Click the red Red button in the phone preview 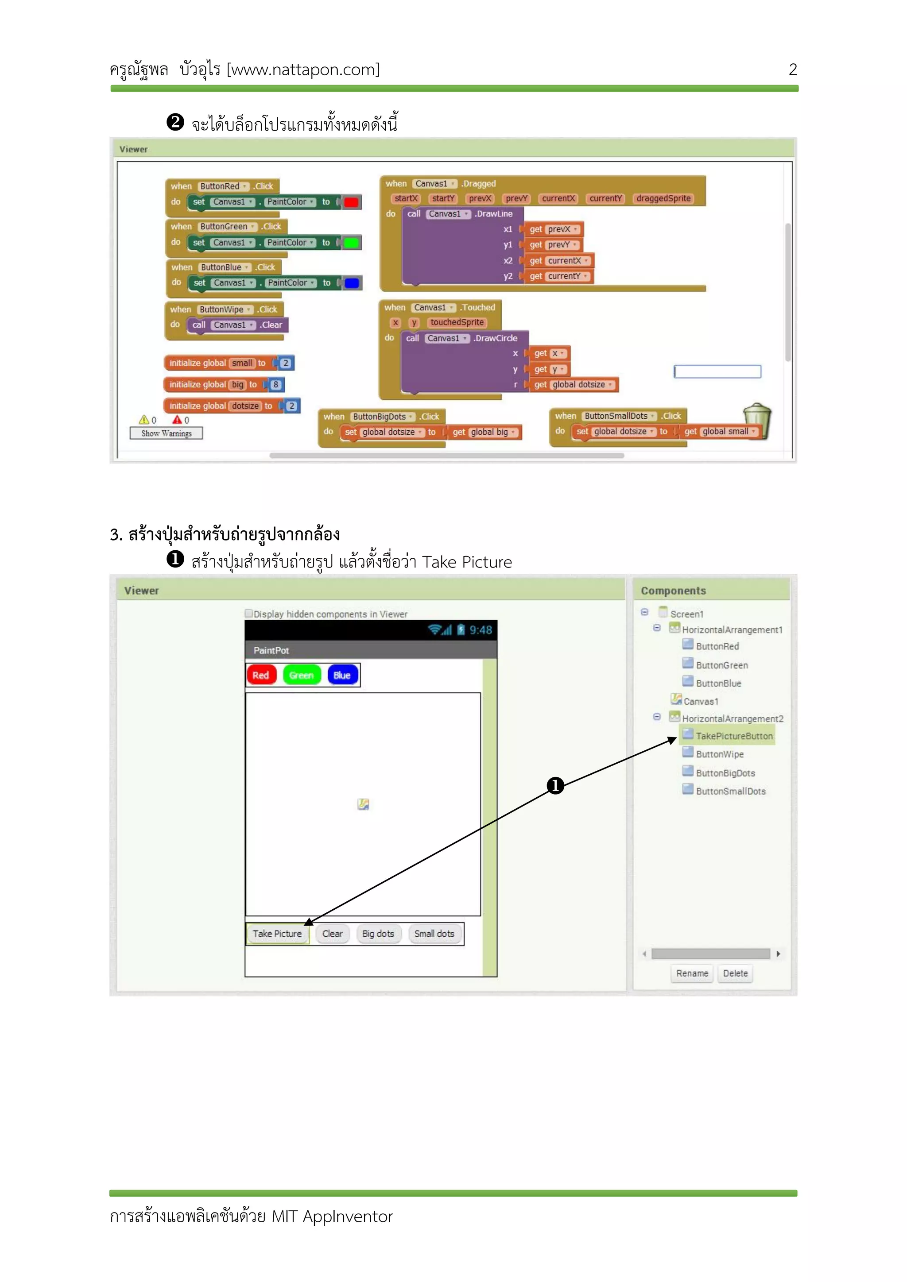[x=261, y=675]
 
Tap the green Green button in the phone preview [x=302, y=675]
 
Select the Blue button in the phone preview [x=342, y=675]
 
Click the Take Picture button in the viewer [x=277, y=934]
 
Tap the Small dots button [x=434, y=934]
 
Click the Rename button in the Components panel [x=692, y=973]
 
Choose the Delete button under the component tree [x=735, y=973]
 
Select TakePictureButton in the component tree [x=734, y=736]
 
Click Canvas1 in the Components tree [x=700, y=701]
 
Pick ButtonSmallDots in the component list [x=730, y=791]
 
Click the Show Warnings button [x=167, y=433]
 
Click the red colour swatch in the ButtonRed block [x=351, y=202]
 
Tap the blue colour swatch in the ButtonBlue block [x=352, y=283]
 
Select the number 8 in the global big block [x=275, y=385]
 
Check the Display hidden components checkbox [x=248, y=614]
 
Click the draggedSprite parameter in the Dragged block [x=663, y=198]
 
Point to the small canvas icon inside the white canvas [x=363, y=804]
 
